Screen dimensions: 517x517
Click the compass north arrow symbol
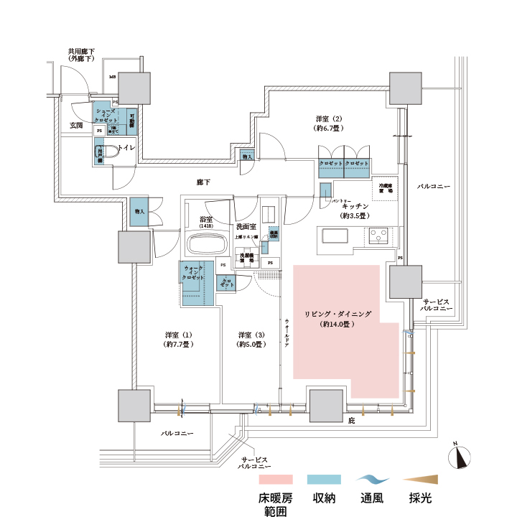tap(460, 457)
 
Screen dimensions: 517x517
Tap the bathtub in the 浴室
tap(207, 244)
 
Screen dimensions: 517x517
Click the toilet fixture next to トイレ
tap(108, 152)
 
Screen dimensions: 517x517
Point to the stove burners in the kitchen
tap(378, 235)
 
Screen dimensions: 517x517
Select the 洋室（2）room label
tap(327, 123)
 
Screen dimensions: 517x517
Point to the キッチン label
tap(350, 206)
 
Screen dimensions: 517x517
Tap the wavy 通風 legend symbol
tap(375, 479)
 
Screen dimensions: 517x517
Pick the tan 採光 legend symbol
tap(424, 479)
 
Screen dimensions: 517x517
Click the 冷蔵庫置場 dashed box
tap(386, 188)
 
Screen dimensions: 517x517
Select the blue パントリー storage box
tap(325, 192)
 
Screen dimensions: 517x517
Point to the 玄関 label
tap(76, 126)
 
